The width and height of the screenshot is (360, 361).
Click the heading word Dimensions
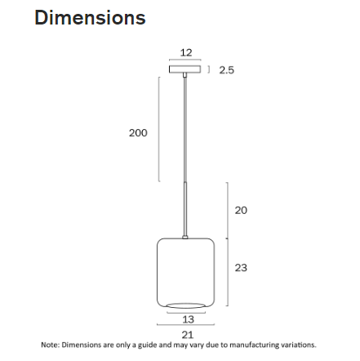(x=90, y=18)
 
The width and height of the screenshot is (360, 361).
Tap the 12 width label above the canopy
(x=185, y=52)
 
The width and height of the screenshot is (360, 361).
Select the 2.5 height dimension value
(x=226, y=70)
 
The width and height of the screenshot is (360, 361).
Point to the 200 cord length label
(x=138, y=132)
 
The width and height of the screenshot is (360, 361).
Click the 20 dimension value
(x=241, y=210)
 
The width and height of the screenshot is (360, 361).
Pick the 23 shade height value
(x=241, y=267)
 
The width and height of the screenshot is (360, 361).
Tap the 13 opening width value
(x=187, y=319)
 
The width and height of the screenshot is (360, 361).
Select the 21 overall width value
(x=187, y=334)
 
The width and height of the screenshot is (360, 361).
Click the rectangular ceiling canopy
(x=185, y=69)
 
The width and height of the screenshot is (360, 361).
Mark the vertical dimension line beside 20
(x=227, y=211)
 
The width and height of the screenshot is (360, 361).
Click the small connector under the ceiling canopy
(x=185, y=76)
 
